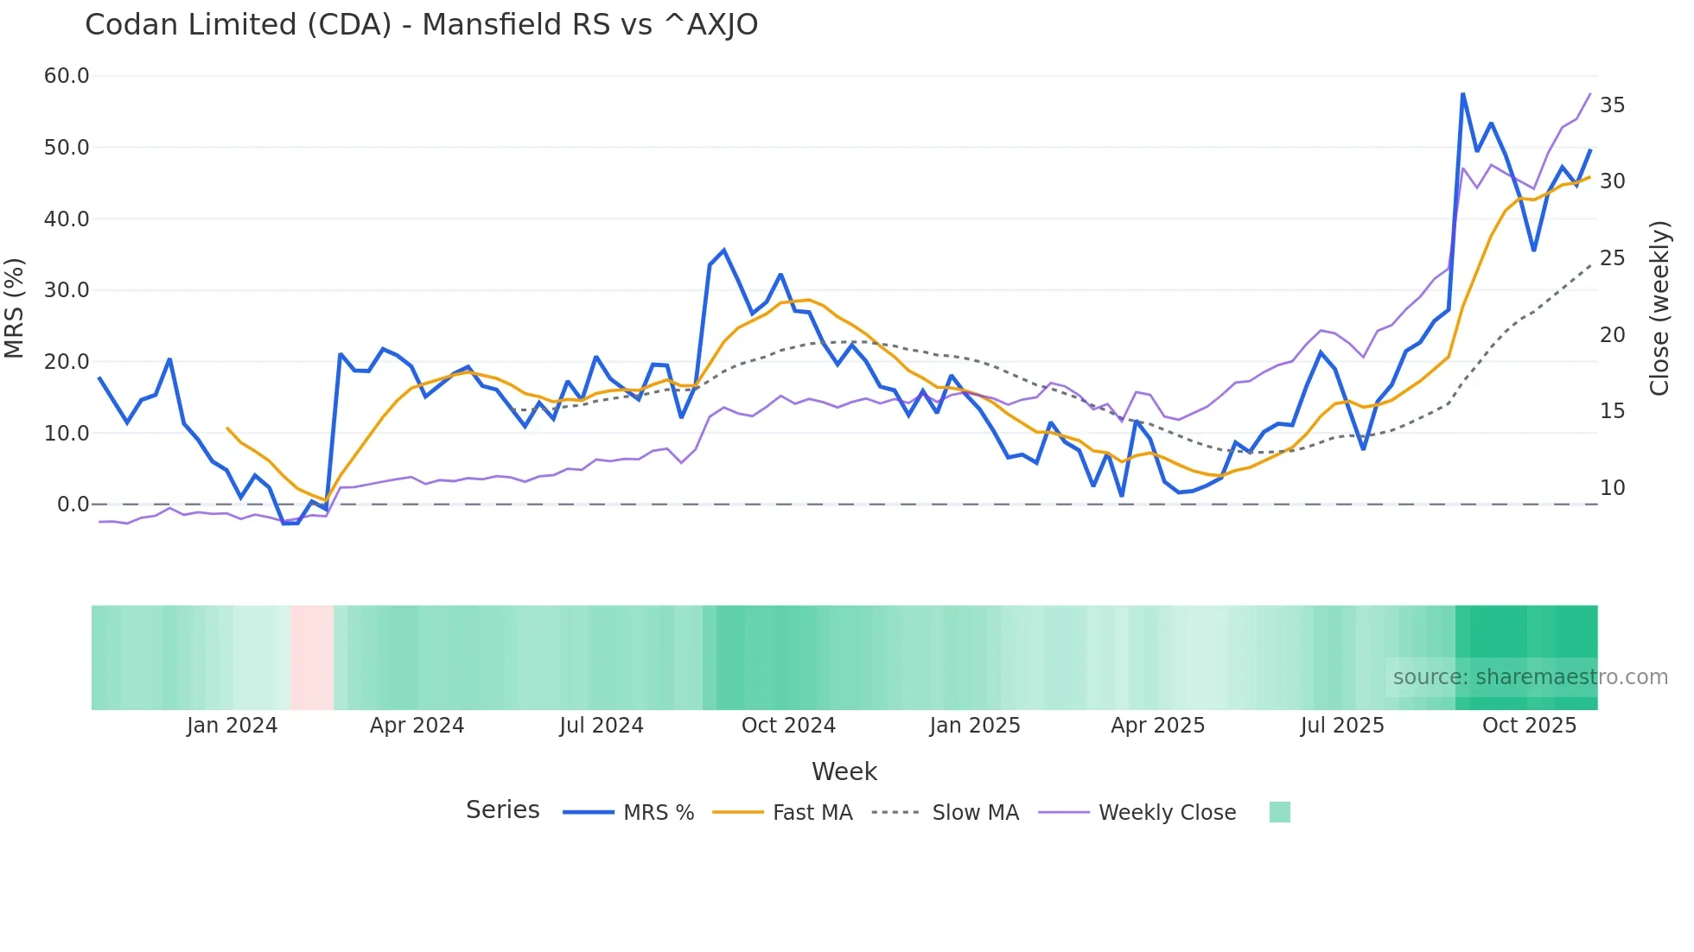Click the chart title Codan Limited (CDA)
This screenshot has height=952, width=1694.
pos(421,25)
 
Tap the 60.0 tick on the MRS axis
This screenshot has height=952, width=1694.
pos(67,76)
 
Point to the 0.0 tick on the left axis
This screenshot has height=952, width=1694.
pos(73,505)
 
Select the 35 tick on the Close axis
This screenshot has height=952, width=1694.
pos(1612,105)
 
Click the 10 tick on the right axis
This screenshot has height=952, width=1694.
pos(1612,488)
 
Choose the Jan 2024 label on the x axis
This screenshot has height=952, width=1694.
pos(232,726)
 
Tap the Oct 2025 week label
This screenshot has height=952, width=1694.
pos(1529,726)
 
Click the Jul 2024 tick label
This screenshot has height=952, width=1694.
pos(602,726)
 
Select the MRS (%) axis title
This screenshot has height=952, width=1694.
pos(15,308)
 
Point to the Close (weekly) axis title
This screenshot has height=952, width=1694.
pos(1659,308)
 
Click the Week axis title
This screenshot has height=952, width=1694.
pos(844,771)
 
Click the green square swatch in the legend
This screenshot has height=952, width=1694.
pos(1279,812)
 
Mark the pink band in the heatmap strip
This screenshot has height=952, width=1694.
pos(312,657)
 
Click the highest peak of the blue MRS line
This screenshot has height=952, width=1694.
pos(1462,93)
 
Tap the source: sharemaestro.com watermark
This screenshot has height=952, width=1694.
pos(1530,677)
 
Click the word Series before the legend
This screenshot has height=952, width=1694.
pos(502,810)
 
